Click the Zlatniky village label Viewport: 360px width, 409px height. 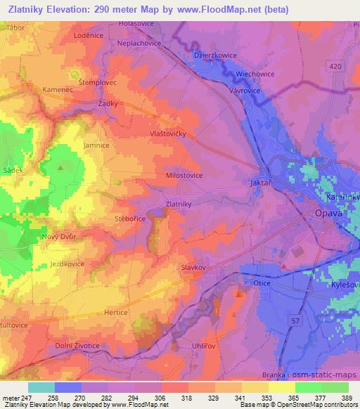[178, 204]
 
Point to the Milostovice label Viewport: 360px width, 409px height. [184, 176]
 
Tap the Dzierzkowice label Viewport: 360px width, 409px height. [214, 55]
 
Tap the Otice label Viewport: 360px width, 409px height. [262, 283]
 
